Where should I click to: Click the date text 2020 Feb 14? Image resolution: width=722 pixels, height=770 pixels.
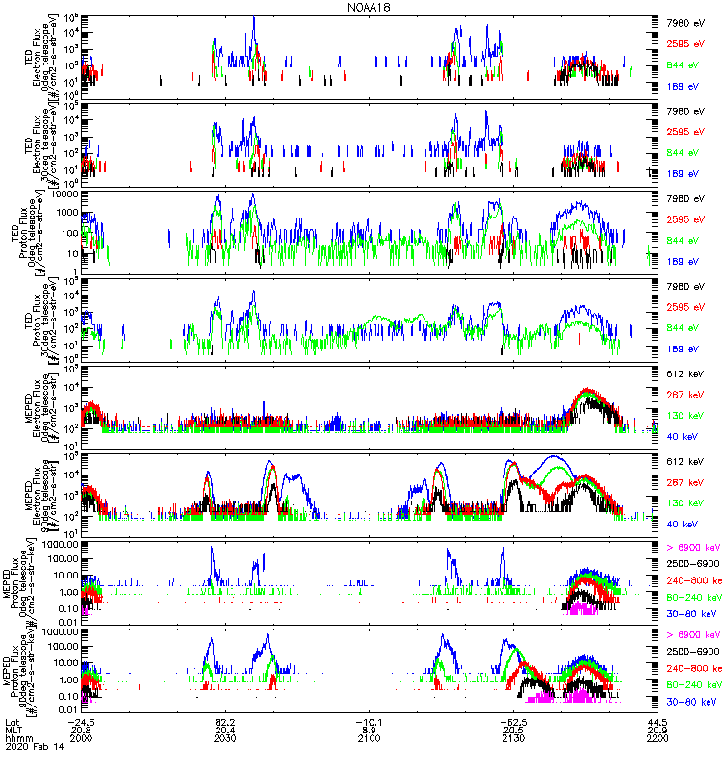30,749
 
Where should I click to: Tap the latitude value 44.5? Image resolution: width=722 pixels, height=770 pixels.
658,722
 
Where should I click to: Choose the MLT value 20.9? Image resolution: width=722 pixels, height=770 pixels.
658,731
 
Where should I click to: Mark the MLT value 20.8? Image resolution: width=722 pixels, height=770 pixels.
82,731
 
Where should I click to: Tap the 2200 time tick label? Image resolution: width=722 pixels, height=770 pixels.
658,739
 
